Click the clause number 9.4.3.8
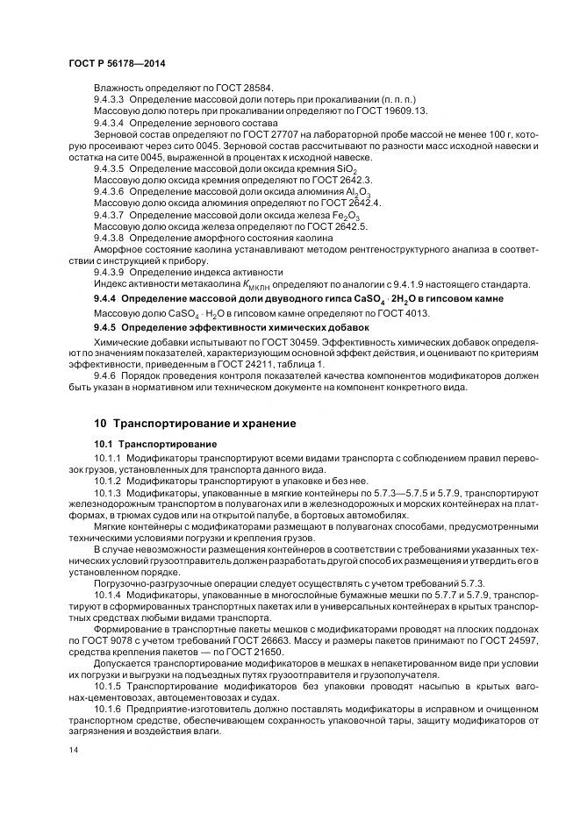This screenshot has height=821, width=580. (111, 237)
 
